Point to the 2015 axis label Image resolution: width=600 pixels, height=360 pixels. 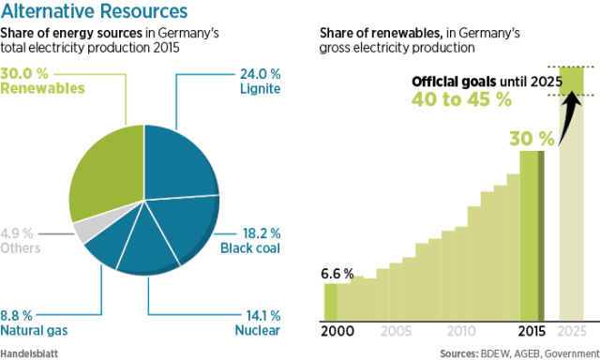pos(532,331)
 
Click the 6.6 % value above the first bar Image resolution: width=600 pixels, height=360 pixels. pos(338,274)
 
